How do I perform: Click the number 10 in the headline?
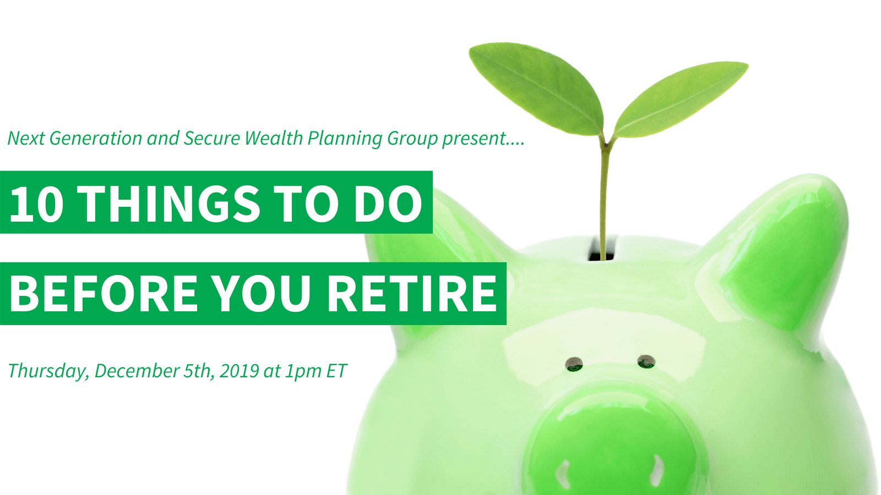point(36,204)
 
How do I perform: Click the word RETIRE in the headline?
point(412,293)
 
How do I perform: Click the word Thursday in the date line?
point(48,371)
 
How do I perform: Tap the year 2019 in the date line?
point(239,371)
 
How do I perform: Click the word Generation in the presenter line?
point(96,138)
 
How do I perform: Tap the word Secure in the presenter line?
point(212,138)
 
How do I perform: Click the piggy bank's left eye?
point(574,364)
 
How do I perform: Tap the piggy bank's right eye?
point(646,361)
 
